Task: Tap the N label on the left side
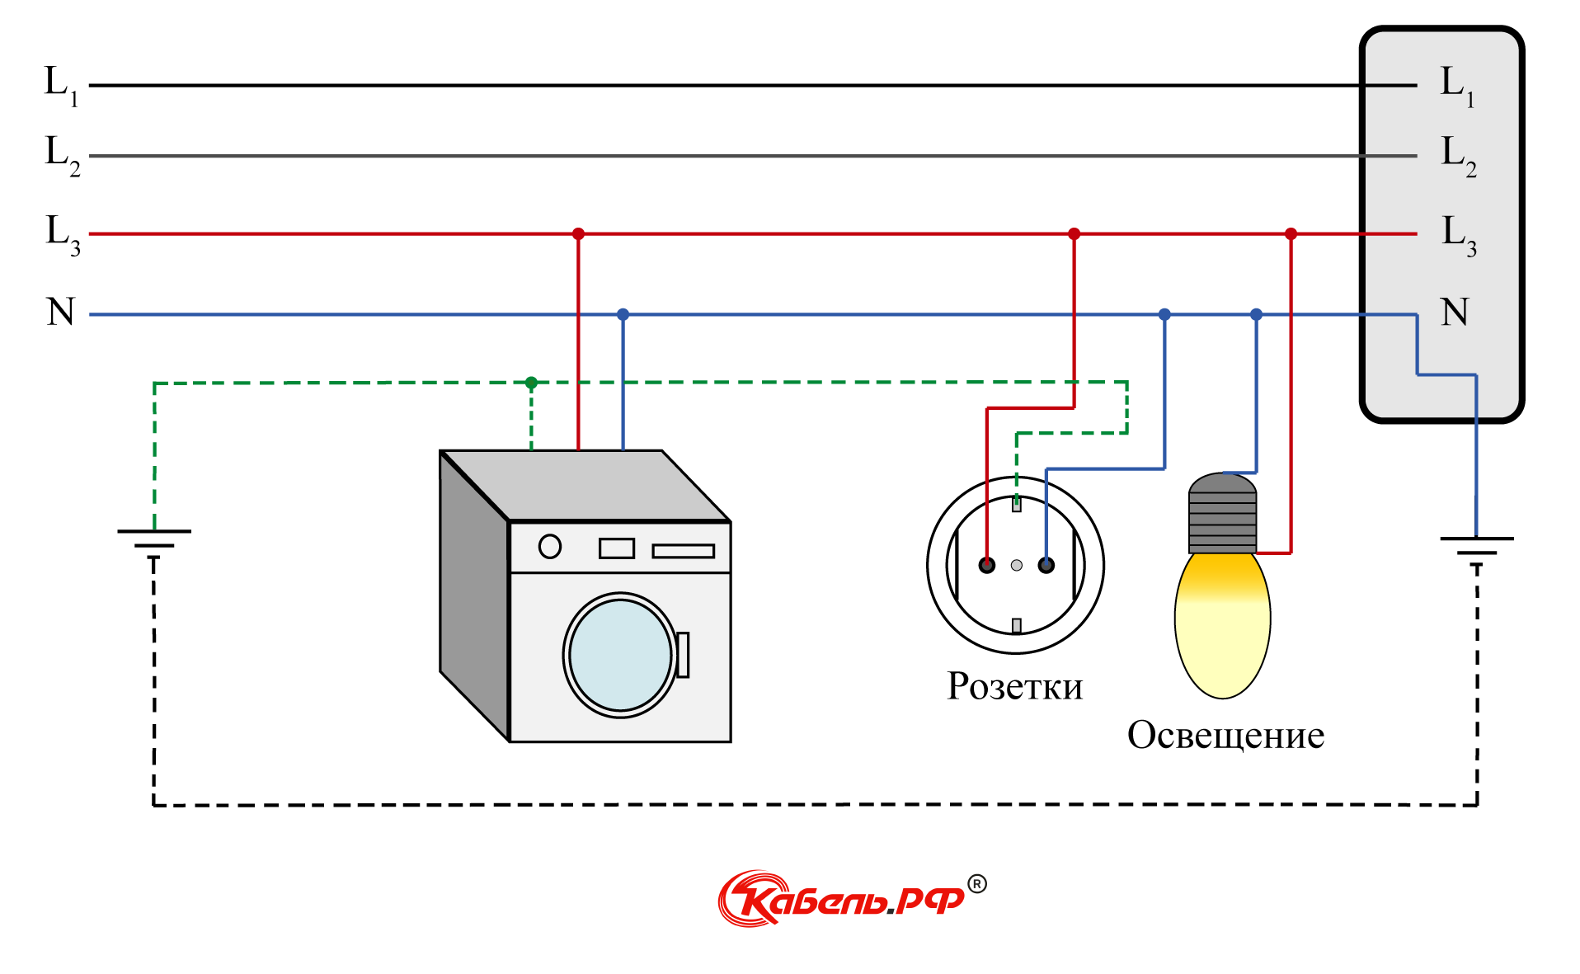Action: point(61,313)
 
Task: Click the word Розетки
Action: point(1014,686)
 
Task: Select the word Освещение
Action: point(1225,735)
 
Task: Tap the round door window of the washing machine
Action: point(620,655)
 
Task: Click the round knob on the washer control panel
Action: point(550,547)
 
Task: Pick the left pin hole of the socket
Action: point(987,565)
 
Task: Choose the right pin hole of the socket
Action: point(1046,565)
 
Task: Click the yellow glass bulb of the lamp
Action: point(1222,627)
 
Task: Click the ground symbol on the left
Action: point(154,540)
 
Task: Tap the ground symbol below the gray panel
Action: point(1476,548)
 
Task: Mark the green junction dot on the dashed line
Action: point(531,383)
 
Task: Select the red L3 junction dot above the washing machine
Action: point(578,234)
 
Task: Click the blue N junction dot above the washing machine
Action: point(623,314)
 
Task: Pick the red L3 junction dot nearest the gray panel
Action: point(1291,234)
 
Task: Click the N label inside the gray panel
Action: point(1455,313)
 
